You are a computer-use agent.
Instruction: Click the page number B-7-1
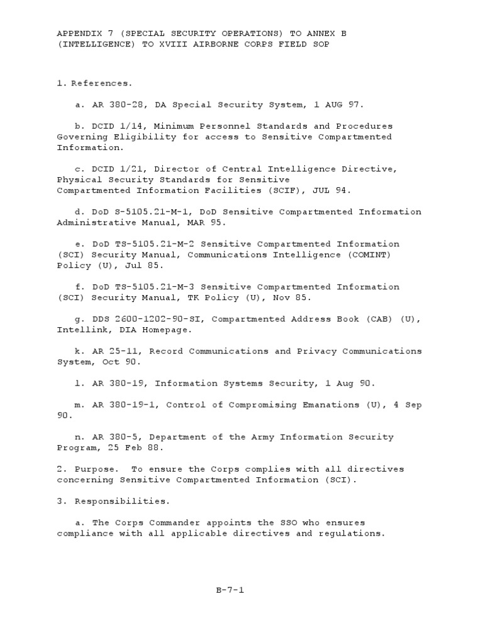[230, 590]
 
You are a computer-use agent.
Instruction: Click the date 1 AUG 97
[340, 105]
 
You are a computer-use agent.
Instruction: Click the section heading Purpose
[96, 469]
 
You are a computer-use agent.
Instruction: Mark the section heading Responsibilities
[113, 501]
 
